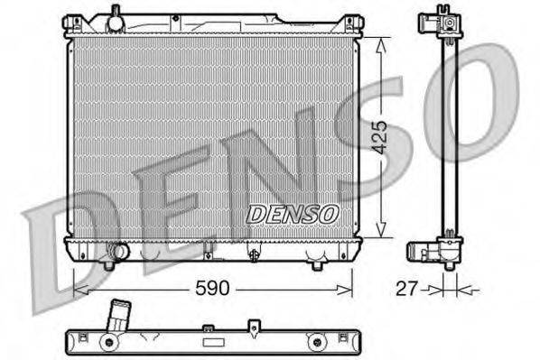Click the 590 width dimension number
(214, 289)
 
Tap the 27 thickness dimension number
(409, 289)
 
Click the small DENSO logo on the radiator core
(292, 214)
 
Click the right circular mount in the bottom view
(315, 342)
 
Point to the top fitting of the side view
(442, 23)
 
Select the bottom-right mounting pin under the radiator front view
(317, 265)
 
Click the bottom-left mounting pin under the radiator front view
(108, 265)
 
